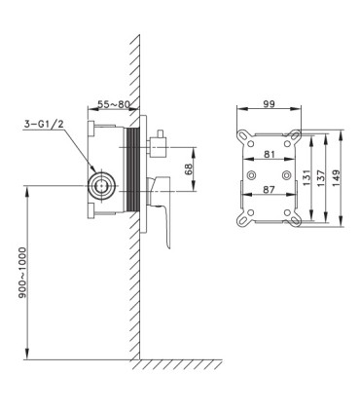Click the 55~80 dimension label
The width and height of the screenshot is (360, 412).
pos(114,104)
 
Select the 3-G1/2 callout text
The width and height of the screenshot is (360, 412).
pos(43,124)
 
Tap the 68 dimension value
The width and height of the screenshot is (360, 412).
pos(189,169)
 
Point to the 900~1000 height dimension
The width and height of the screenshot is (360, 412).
pos(21,273)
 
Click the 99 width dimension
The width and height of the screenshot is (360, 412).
pos(269,104)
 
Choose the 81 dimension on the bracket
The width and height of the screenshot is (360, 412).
pos(270,154)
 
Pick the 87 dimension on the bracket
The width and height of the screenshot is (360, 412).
pos(269,190)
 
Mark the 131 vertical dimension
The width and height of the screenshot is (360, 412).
pos(306,177)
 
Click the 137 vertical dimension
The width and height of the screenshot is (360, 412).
pos(321,177)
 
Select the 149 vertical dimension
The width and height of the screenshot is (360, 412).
pos(336,177)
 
